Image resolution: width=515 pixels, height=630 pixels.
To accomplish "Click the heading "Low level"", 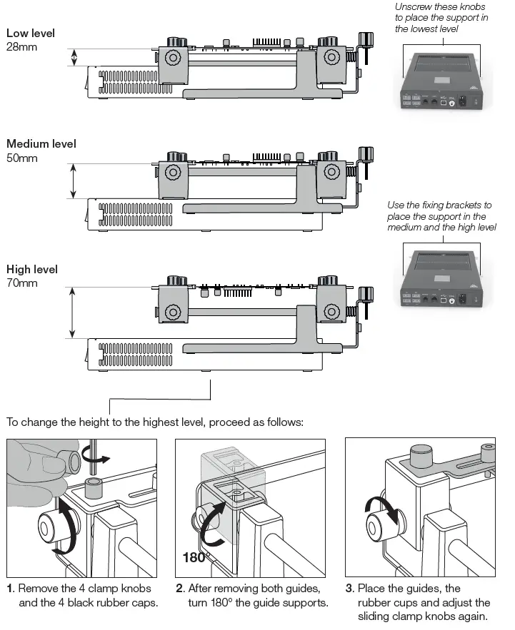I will click(x=30, y=34).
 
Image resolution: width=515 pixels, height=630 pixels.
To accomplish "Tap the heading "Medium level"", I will click(x=41, y=144).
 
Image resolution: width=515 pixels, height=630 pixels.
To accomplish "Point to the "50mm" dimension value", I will click(x=21, y=158).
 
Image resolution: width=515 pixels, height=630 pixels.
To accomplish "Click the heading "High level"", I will click(x=32, y=270).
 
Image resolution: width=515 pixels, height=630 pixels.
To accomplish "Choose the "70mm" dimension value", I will click(x=21, y=283).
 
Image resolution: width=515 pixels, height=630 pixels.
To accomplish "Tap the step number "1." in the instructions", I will click(x=10, y=589).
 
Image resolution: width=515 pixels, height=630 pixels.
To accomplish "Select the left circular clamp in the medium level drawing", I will click(x=172, y=173).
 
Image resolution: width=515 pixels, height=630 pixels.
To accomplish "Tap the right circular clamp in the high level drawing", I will click(x=331, y=312).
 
